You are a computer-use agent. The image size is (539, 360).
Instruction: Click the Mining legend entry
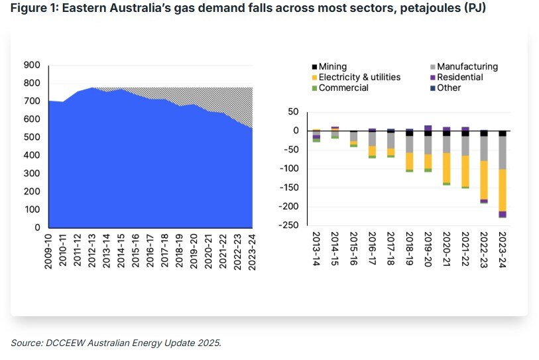(x=332, y=67)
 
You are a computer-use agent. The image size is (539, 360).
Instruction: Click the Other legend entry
(x=450, y=88)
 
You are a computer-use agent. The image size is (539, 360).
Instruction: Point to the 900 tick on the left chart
(x=32, y=65)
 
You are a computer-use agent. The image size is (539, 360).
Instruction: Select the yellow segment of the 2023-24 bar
(x=503, y=190)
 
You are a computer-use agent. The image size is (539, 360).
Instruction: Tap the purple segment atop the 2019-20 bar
(x=428, y=128)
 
